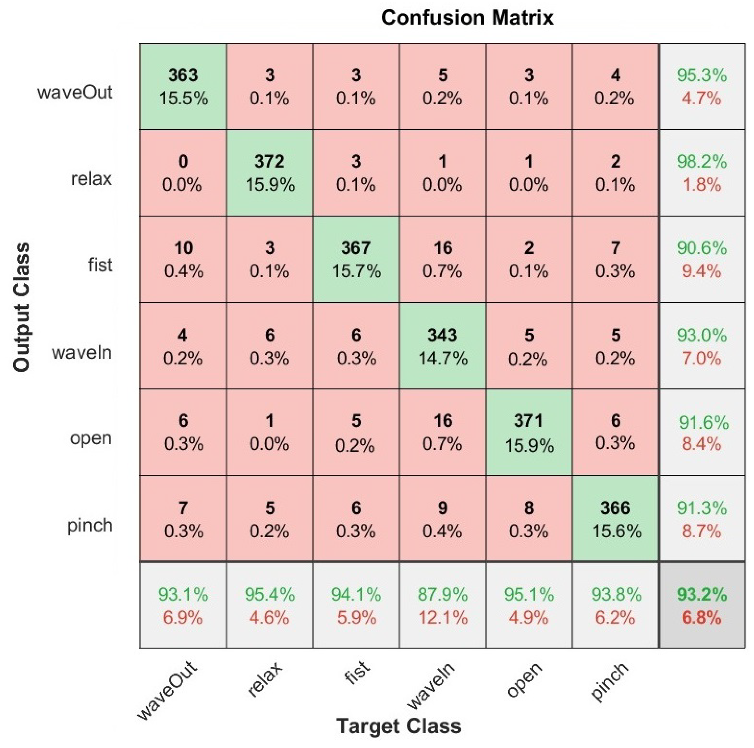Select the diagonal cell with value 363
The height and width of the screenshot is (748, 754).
pos(183,86)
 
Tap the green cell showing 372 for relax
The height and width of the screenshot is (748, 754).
pos(269,173)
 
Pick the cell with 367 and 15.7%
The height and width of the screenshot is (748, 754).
pos(356,259)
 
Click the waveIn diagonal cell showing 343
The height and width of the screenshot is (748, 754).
pos(443,346)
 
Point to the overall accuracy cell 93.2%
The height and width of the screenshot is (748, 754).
pos(702,606)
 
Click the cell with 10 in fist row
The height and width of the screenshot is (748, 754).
pos(183,259)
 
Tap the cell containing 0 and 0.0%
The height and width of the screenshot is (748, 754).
pos(183,173)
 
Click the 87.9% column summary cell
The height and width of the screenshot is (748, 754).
pos(443,606)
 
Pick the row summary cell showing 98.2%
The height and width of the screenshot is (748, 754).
pos(702,173)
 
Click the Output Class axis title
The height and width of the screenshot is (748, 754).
pos(21,307)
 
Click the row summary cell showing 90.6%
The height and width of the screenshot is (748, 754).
pos(702,259)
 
